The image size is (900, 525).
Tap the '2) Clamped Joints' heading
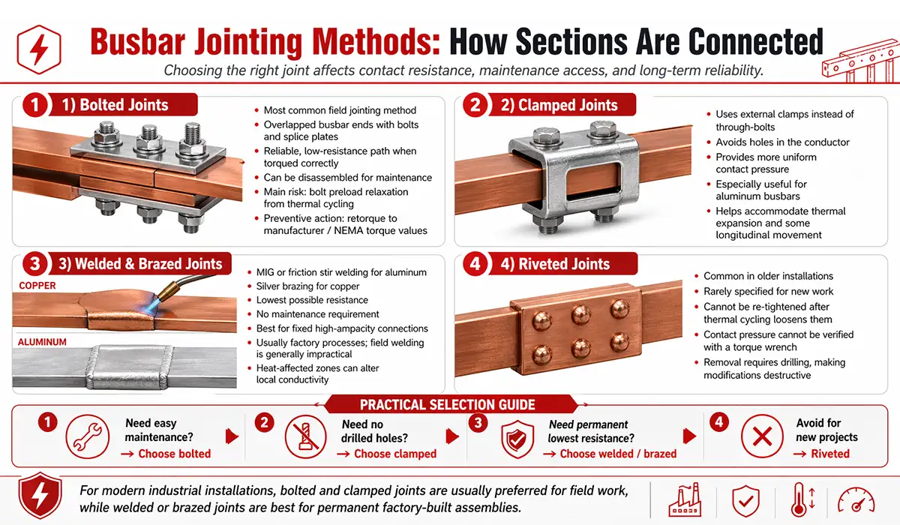coord(555,105)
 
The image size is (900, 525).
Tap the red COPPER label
coord(37,286)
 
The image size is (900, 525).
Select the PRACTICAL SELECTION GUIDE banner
coord(447,405)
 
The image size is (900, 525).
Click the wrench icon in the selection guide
coord(84,437)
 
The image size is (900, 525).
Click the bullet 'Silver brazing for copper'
coord(308,286)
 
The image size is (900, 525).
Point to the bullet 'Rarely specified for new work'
coord(768,291)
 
